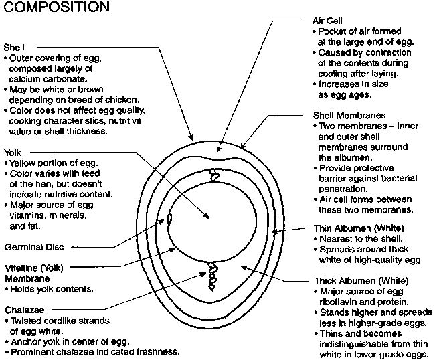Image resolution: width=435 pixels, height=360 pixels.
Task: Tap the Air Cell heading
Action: point(327,20)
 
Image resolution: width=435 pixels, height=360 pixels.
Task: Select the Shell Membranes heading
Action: point(348,115)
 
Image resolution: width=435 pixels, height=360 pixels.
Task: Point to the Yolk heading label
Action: point(13,153)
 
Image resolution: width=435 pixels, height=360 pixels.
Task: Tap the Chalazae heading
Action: point(24,310)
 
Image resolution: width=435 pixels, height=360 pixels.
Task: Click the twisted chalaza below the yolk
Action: point(214,274)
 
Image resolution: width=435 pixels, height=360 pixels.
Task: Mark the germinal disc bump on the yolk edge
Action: point(170,217)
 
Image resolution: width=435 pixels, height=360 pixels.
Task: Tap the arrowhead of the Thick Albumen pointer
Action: point(243,266)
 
